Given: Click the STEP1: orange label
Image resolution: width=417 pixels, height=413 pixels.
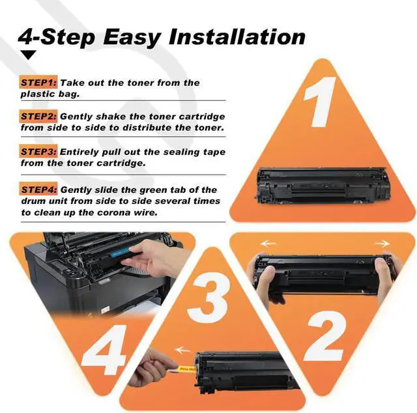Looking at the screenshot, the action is point(38,83).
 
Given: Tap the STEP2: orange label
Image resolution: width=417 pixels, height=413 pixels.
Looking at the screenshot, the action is point(38,116).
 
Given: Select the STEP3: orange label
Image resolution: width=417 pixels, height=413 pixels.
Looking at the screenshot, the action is point(38,152).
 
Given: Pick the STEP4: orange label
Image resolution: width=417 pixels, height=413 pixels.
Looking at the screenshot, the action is point(38,190).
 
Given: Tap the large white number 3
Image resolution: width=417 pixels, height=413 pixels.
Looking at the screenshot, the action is point(208,298).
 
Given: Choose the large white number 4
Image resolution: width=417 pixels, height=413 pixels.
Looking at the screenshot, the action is point(104,349).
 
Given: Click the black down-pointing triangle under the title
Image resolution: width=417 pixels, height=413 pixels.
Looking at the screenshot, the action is point(29,55).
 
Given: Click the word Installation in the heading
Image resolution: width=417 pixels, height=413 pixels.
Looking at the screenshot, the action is point(237,36).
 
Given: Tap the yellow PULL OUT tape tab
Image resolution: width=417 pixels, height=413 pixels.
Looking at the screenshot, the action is point(186,369).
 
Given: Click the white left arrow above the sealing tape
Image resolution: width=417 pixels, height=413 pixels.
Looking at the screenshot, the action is point(183,350).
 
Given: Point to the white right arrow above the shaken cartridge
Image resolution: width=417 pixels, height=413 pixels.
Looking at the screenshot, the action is point(382,244).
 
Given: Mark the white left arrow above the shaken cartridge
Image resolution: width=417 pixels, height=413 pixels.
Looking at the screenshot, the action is point(268,244).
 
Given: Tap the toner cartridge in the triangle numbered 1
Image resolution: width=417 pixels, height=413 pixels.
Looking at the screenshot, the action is point(323,186).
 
